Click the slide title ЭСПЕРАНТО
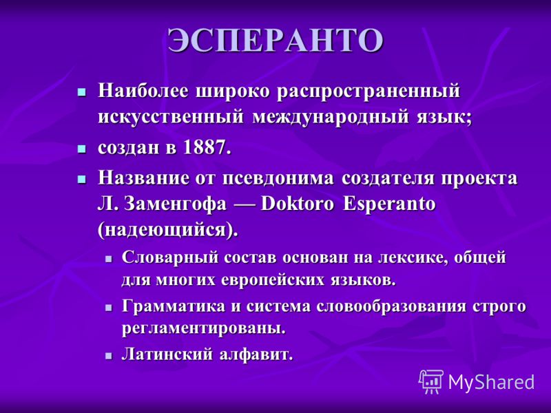click(275, 40)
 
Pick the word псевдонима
click(278, 178)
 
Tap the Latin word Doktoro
click(298, 204)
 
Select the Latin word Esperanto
click(389, 204)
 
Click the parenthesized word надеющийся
click(166, 231)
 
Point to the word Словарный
click(169, 257)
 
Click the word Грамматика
click(174, 306)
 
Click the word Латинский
click(167, 354)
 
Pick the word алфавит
click(256, 354)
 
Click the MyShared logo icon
click(431, 382)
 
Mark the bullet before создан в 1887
click(81, 149)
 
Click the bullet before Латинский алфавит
click(109, 356)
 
